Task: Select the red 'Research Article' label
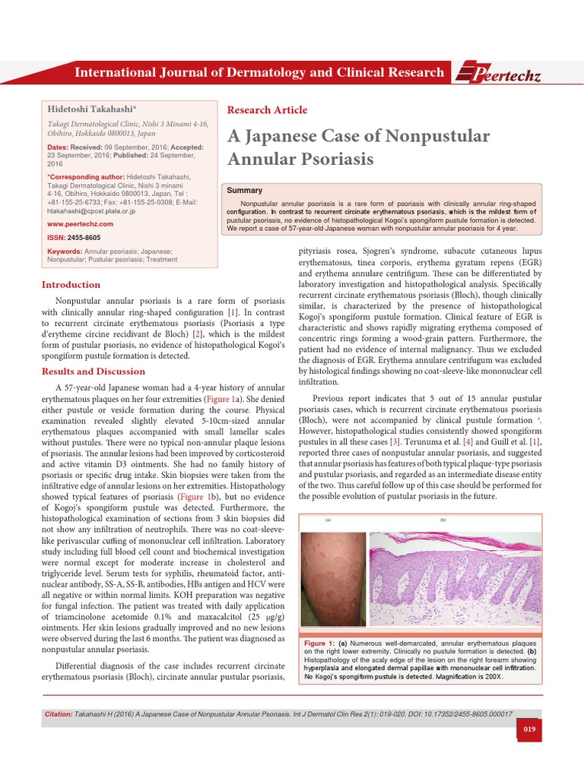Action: pos(268,109)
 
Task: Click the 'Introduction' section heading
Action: pos(71,284)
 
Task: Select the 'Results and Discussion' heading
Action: pos(93,371)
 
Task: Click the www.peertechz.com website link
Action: pos(80,224)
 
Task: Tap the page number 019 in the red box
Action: pos(531,730)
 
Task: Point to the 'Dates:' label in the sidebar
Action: pos(62,146)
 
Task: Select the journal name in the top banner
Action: pos(258,73)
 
